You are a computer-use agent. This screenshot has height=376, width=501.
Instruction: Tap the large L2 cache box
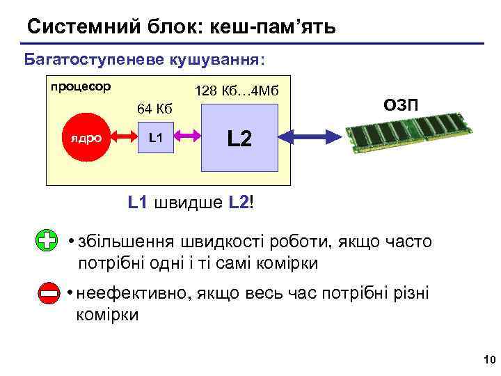tap(239, 138)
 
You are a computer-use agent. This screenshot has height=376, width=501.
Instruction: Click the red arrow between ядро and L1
tap(120, 138)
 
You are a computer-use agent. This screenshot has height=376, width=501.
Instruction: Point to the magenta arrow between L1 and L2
tap(188, 138)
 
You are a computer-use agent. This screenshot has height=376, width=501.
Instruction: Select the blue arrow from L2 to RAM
tap(311, 138)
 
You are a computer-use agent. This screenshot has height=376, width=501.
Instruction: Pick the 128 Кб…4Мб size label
tap(237, 91)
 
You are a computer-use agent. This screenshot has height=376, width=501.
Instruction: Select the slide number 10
tap(487, 359)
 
